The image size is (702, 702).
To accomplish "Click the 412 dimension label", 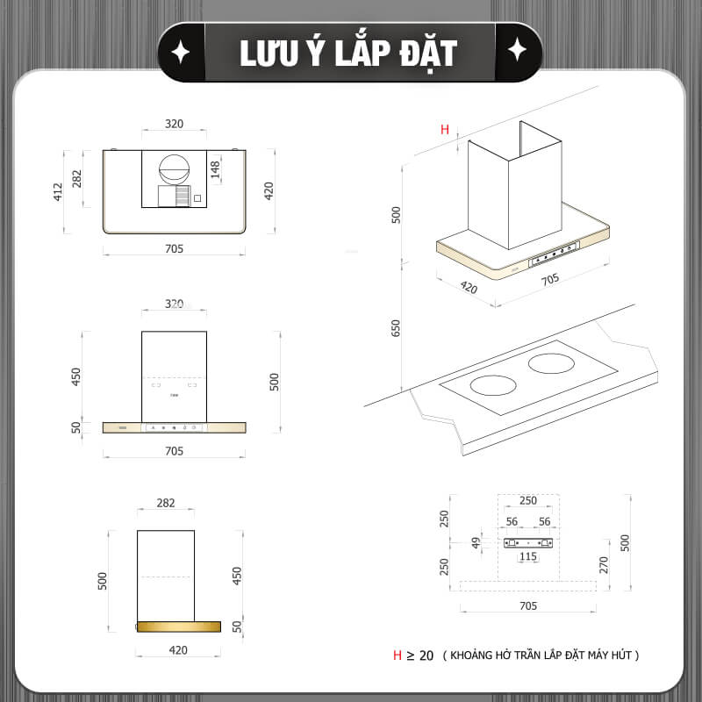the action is point(58,191).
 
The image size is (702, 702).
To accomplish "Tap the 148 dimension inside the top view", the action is point(215,170).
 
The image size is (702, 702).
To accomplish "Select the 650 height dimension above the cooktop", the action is point(396,328).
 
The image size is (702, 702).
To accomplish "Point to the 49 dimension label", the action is point(476,543).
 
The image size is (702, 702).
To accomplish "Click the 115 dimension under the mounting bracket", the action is point(528,556).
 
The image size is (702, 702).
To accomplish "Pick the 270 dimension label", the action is point(604,565).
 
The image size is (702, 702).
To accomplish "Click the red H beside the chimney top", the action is point(445,129).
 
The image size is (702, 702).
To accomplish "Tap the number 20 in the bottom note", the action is point(426,655).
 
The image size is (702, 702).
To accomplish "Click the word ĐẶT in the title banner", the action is point(428,54).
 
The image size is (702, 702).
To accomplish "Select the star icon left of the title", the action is point(181,52).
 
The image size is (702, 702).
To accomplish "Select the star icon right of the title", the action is point(517,50).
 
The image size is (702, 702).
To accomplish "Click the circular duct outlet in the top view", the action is point(174,169).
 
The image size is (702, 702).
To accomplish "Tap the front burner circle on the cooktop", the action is point(493,385).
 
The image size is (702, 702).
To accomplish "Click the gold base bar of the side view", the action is point(179,627).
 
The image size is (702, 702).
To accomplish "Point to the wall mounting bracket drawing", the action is point(528,543).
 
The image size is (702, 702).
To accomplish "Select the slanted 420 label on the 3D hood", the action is point(469,287).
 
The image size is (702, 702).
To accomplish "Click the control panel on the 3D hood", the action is point(555,254).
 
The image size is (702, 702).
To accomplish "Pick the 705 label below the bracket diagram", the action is point(528,606).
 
